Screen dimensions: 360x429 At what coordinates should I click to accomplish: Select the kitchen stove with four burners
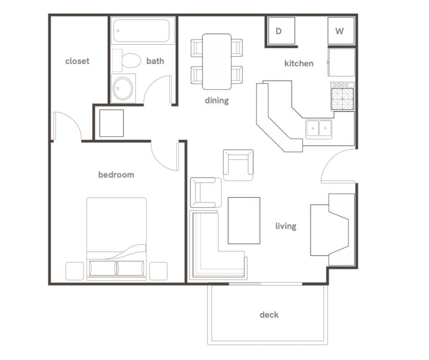point(342,96)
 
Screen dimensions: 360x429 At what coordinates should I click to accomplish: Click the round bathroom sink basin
point(122,88)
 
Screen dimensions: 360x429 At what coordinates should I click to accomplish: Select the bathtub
point(143,31)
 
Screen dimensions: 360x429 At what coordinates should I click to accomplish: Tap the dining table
point(217,61)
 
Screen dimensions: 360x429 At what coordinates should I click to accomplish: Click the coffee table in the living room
point(244,221)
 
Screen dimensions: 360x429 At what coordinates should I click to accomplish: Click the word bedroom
point(116,175)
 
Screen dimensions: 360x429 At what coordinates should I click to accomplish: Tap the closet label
point(77,61)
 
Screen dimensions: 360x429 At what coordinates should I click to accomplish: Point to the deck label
point(269,315)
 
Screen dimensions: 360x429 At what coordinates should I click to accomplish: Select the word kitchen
point(298,64)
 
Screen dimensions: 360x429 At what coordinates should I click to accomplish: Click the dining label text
point(216,101)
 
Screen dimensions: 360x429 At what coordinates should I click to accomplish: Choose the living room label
point(286,226)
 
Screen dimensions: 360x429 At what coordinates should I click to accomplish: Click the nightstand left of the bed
point(74,271)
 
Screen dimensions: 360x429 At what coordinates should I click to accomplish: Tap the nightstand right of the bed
point(158,271)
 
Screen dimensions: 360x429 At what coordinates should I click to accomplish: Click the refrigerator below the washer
point(341,62)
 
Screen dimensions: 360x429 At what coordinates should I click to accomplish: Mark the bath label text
point(155,61)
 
